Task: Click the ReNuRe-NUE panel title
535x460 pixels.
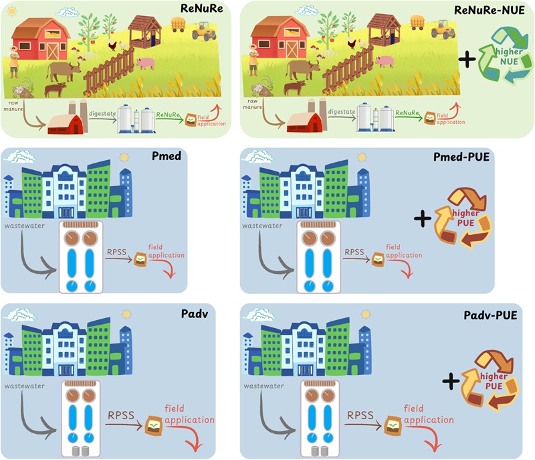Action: click(489, 9)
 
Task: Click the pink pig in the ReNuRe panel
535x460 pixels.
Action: click(146, 63)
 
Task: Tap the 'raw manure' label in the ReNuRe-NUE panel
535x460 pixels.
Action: click(251, 102)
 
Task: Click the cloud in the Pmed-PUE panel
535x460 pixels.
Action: click(256, 157)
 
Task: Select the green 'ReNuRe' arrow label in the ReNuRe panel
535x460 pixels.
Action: click(168, 114)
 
